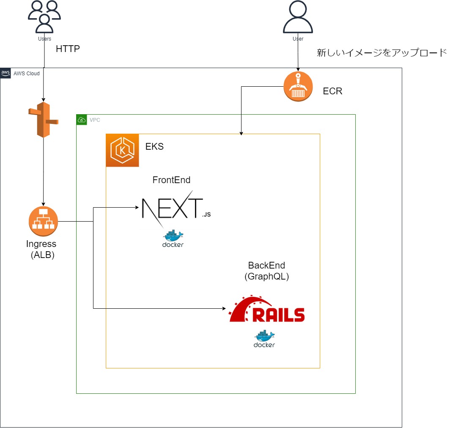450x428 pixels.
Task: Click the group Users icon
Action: click(44, 17)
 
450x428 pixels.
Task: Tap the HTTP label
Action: click(68, 49)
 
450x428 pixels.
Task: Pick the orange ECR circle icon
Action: click(298, 86)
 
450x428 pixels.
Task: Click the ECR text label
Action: click(332, 91)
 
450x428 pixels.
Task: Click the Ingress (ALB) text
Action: click(41, 250)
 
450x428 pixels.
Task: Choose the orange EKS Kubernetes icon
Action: click(122, 150)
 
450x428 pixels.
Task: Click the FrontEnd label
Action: click(171, 180)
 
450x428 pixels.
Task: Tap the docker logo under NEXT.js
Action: click(173, 239)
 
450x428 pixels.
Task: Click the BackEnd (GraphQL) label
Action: click(266, 271)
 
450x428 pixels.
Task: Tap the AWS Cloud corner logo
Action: click(5, 73)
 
